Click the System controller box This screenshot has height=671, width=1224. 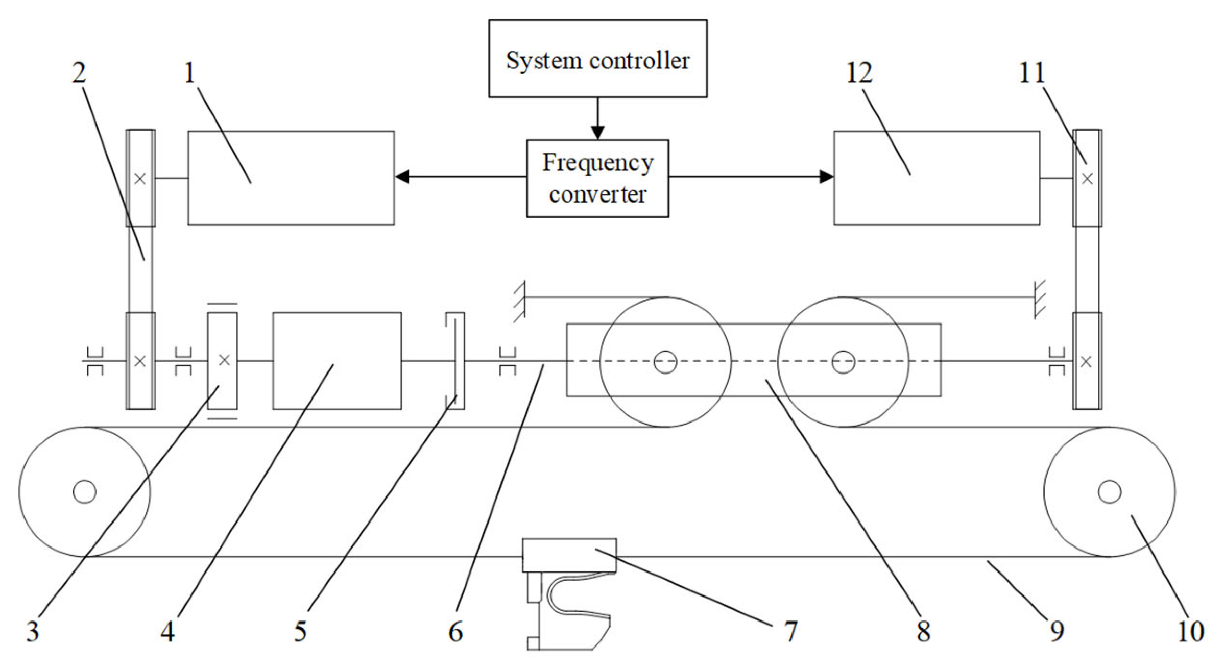coord(597,59)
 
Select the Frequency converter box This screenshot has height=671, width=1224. coord(597,179)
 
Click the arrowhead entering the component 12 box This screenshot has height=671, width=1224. coord(826,177)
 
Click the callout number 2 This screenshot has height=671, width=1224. coord(79,73)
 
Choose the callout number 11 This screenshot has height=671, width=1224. coord(1032,73)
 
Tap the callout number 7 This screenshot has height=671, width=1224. coord(790,632)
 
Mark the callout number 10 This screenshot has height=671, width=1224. coord(1190,632)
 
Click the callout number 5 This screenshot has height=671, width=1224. coord(300,632)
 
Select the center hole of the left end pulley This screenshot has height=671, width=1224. coord(84,492)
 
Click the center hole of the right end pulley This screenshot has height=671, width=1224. coord(1109,492)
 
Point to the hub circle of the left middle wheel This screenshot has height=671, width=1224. coord(665,362)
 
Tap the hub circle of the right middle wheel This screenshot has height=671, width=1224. coord(843,362)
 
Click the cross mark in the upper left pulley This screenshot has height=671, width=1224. coord(140,179)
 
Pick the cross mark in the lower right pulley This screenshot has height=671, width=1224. coord(1086,362)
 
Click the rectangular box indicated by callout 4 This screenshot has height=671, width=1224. coord(337,361)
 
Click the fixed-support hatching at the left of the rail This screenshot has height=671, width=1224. coord(519,301)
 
